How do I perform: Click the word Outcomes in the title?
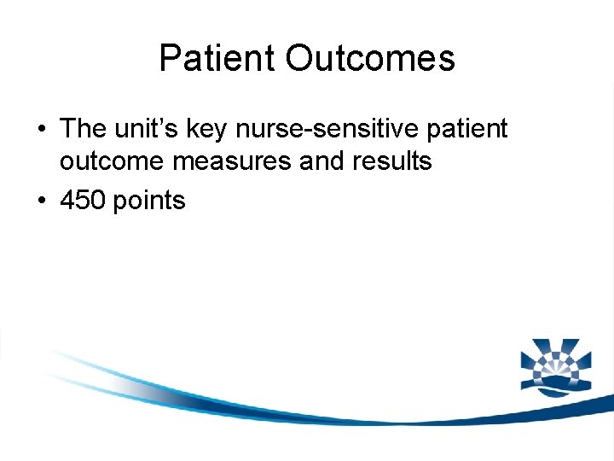[370, 59]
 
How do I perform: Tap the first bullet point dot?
[42, 130]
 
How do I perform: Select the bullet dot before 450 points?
[42, 201]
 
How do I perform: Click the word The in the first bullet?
[83, 129]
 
